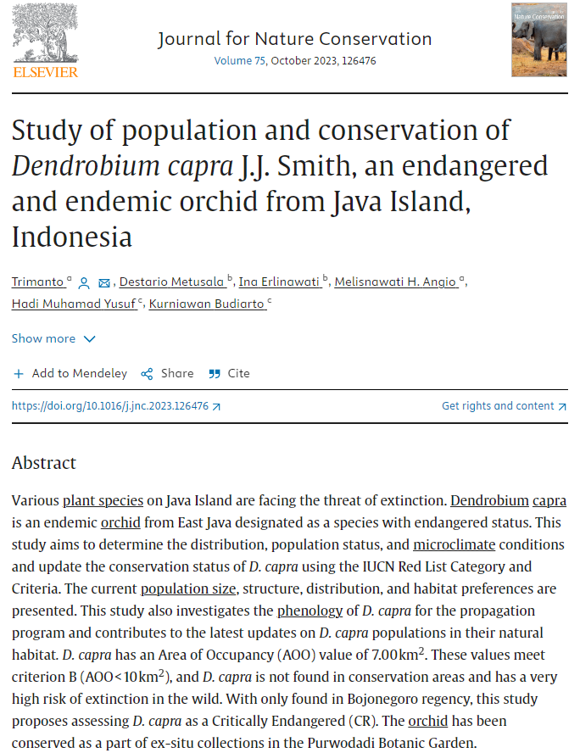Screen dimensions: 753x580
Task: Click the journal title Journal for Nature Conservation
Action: coord(294,39)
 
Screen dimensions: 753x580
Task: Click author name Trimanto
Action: coord(38,282)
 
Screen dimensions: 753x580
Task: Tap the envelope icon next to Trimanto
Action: coord(104,283)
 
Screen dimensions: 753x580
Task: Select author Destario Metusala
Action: coord(172,282)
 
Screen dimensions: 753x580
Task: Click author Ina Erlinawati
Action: coord(280,282)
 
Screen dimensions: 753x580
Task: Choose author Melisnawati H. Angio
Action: coord(396,282)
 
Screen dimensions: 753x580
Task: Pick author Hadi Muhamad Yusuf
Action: coord(74,304)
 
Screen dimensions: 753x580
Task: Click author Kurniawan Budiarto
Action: coord(207,304)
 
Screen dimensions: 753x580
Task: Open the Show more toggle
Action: coord(53,338)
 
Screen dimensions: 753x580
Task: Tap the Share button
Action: coord(167,373)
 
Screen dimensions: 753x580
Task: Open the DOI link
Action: coord(115,406)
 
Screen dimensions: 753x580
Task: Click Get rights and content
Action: coord(504,406)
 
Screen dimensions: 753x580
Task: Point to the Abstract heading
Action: coord(44,463)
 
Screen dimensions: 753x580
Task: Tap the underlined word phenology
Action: coord(309,611)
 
